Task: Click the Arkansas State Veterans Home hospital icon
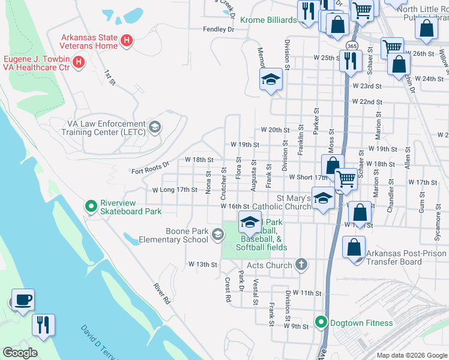point(127,41)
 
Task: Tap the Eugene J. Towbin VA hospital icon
point(78,62)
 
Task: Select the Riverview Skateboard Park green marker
point(91,206)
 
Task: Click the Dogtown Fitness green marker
point(321,323)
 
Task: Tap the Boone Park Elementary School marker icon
point(217,235)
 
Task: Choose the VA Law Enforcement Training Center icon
point(155,126)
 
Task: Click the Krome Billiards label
point(268,20)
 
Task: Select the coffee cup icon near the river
point(23,299)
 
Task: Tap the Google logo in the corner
point(20,353)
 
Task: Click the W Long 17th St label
point(175,190)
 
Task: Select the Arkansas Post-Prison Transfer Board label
point(406,257)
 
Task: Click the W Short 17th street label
point(308,178)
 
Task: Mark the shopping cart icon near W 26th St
point(392,46)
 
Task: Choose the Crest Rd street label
point(228,289)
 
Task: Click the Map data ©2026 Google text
point(411,355)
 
